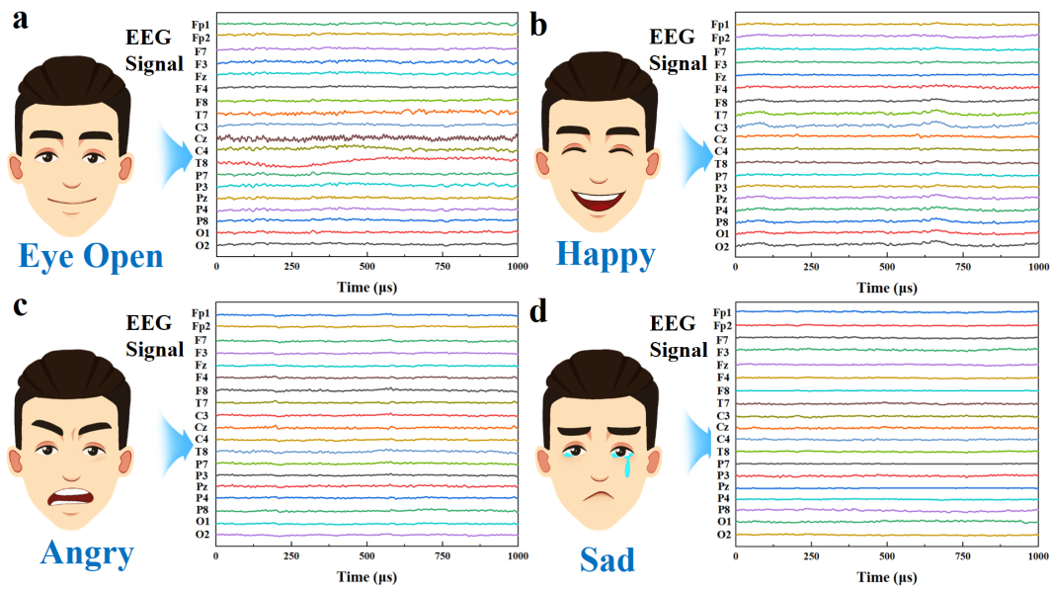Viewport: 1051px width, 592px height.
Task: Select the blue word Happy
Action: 606,254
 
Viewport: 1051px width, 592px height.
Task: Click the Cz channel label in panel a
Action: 201,139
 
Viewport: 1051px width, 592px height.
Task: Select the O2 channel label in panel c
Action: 201,535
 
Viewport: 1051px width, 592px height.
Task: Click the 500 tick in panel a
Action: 367,268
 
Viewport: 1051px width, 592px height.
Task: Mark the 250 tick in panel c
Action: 290,556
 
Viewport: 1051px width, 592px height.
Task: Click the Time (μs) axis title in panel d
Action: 887,575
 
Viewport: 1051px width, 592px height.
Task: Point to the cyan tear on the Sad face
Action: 624,464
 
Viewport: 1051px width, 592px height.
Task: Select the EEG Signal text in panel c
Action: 155,335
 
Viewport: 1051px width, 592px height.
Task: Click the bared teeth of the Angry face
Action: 75,494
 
